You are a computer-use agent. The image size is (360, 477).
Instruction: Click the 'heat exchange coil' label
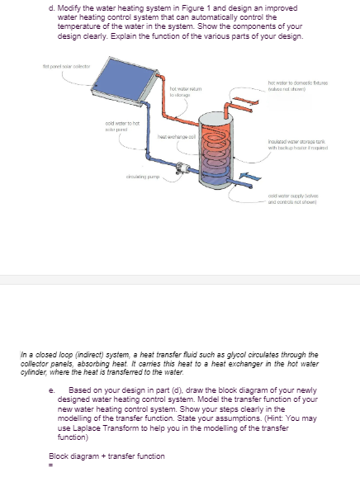click(x=174, y=133)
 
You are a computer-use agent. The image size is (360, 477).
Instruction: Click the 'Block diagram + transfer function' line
click(x=107, y=456)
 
